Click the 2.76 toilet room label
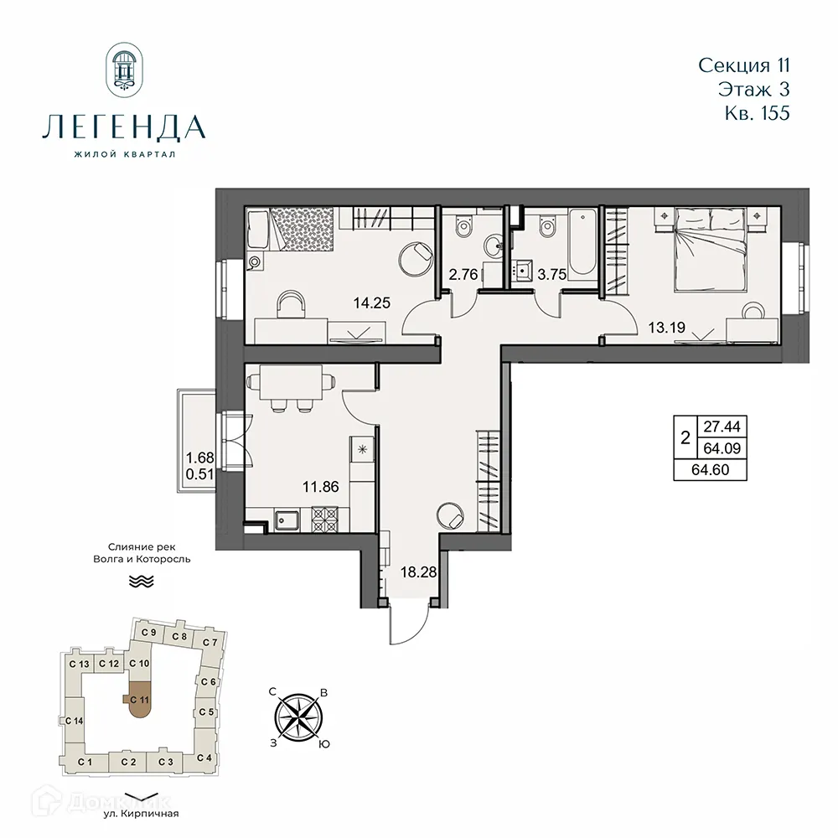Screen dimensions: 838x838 point(463,273)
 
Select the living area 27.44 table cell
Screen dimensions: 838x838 point(712,426)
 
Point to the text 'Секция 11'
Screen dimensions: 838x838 point(743,65)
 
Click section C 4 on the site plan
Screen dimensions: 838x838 point(204,758)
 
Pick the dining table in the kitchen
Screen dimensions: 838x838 point(290,387)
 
